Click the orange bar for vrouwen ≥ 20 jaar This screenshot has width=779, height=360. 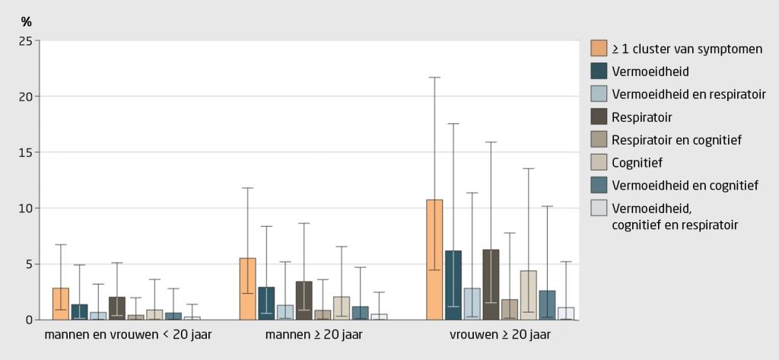(x=434, y=259)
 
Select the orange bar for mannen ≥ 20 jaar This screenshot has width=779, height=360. (x=247, y=288)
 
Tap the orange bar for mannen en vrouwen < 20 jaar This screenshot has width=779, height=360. (x=61, y=304)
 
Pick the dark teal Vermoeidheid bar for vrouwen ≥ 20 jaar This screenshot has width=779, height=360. (x=453, y=285)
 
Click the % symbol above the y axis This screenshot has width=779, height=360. (x=26, y=22)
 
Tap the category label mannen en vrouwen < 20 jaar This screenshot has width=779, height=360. (x=128, y=334)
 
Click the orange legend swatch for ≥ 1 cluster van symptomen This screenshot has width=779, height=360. (x=599, y=49)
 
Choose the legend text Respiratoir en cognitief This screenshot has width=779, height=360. (x=676, y=139)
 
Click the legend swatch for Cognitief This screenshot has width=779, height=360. (x=599, y=162)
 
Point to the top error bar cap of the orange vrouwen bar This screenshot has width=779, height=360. (x=434, y=78)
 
